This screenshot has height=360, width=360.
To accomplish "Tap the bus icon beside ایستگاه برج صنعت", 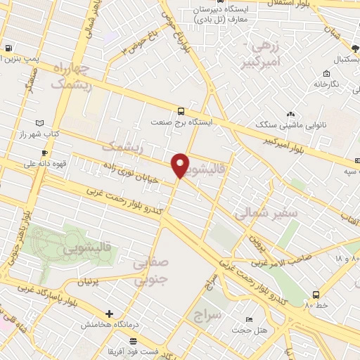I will point(181,111).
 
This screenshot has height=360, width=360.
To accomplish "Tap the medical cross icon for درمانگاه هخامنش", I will point(109,314).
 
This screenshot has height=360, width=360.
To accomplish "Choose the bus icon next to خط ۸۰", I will point(316,295).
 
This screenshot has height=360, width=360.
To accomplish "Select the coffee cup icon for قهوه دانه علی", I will point(44,153).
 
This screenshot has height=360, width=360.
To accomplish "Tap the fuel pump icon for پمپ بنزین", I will point(7,49).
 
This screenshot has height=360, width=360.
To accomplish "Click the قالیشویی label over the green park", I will point(89,248).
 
